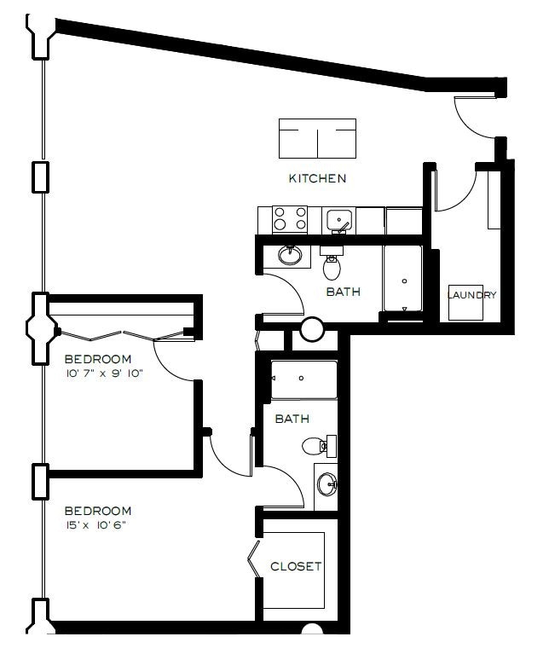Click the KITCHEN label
pyautogui.click(x=317, y=178)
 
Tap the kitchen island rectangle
pyautogui.click(x=318, y=138)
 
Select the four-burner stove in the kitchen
pyautogui.click(x=289, y=219)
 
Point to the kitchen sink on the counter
pyautogui.click(x=339, y=219)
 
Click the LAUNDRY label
pyautogui.click(x=472, y=295)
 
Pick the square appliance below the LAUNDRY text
pyautogui.click(x=467, y=302)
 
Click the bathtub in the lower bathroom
pyautogui.click(x=303, y=379)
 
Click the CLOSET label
pyautogui.click(x=295, y=566)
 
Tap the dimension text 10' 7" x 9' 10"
pyautogui.click(x=103, y=373)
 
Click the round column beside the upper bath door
pyautogui.click(x=312, y=328)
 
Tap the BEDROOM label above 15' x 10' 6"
pyautogui.click(x=99, y=511)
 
